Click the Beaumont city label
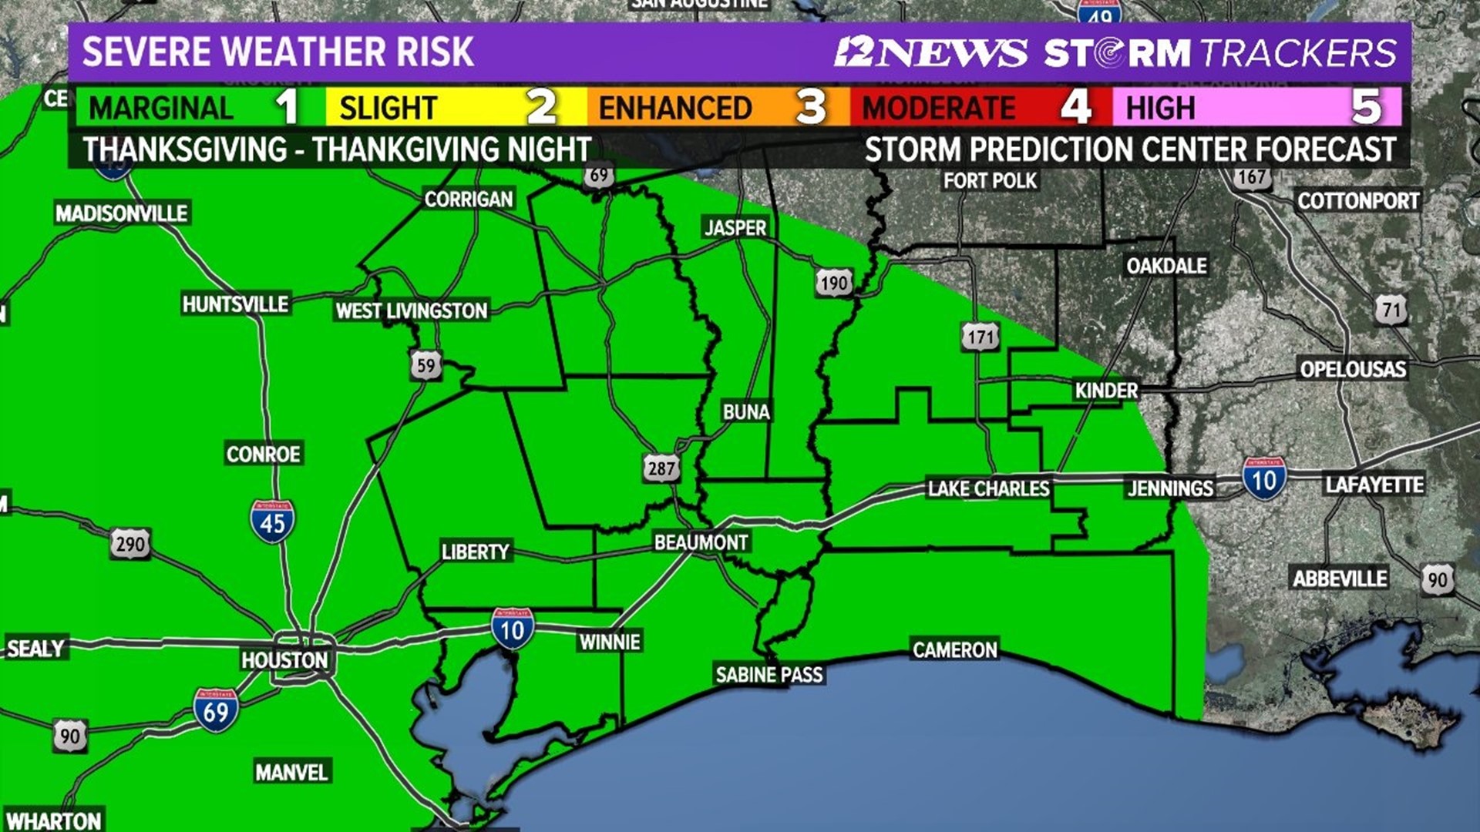pyautogui.click(x=701, y=542)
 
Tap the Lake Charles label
pyautogui.click(x=988, y=488)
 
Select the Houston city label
pyautogui.click(x=284, y=660)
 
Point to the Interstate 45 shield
pyautogui.click(x=272, y=522)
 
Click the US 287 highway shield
pyautogui.click(x=661, y=468)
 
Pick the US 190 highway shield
pyautogui.click(x=834, y=283)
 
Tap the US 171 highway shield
pyautogui.click(x=980, y=337)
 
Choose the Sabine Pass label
pyautogui.click(x=769, y=675)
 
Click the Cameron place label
pyautogui.click(x=954, y=650)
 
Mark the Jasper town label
pyautogui.click(x=735, y=227)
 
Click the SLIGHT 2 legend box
pyautogui.click(x=455, y=107)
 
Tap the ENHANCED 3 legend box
pyautogui.click(x=717, y=107)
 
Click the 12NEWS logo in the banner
pyautogui.click(x=930, y=52)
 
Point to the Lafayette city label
pyautogui.click(x=1374, y=485)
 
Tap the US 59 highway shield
pyautogui.click(x=425, y=365)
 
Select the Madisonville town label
pyautogui.click(x=122, y=213)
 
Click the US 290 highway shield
pyautogui.click(x=129, y=545)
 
